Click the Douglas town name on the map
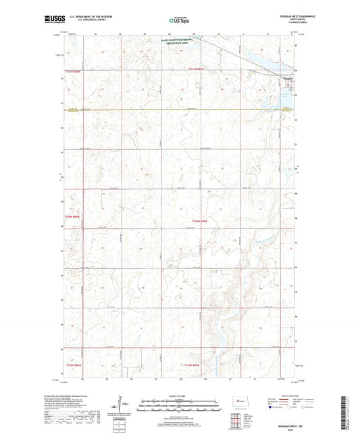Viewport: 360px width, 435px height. [288, 78]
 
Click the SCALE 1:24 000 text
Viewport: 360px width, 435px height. [179, 395]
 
